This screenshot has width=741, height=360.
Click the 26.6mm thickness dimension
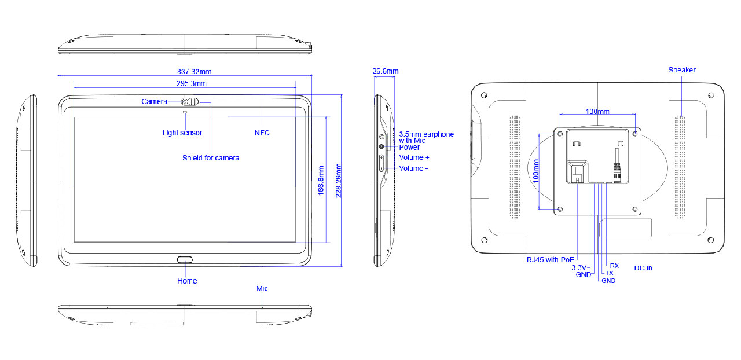pyautogui.click(x=385, y=71)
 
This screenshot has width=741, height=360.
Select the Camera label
pyautogui.click(x=155, y=101)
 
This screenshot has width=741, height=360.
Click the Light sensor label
pyautogui.click(x=182, y=133)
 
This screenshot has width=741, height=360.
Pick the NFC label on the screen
pyautogui.click(x=262, y=133)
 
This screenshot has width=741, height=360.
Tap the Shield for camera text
pyautogui.click(x=210, y=158)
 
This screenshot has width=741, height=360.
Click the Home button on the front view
pyautogui.click(x=185, y=259)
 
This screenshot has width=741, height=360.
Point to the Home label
pyautogui.click(x=187, y=281)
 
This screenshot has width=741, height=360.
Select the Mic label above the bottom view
pyautogui.click(x=262, y=288)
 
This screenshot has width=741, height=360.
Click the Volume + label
pyautogui.click(x=414, y=157)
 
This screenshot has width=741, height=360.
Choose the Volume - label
pyautogui.click(x=413, y=168)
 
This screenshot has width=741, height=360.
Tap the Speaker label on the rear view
pyautogui.click(x=682, y=70)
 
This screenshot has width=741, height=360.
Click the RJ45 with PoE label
pyautogui.click(x=550, y=259)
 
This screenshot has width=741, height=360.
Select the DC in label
pyautogui.click(x=643, y=268)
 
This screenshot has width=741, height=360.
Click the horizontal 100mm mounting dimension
pyautogui.click(x=597, y=111)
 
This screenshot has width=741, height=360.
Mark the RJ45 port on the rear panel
pyautogui.click(x=577, y=172)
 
